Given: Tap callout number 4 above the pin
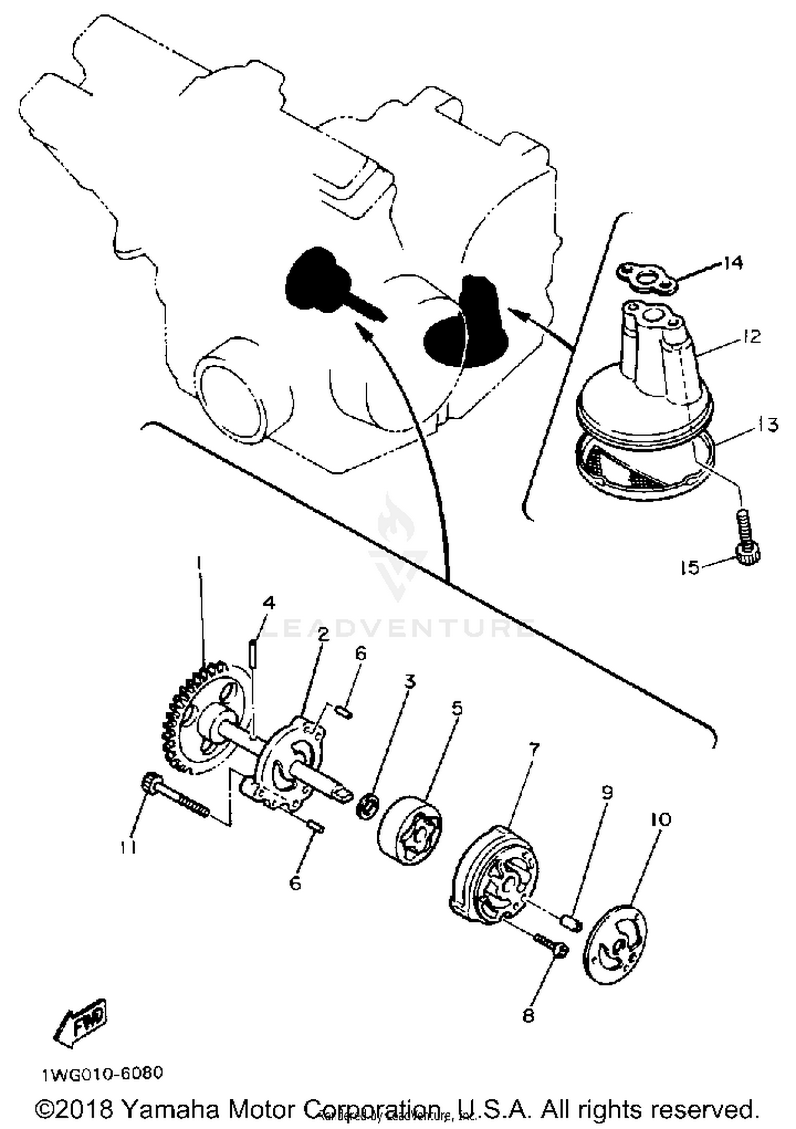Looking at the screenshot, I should tap(269, 603).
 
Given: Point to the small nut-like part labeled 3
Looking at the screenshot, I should tap(367, 806).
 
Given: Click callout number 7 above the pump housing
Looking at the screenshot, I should tap(533, 749).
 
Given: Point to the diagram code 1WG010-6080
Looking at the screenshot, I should tap(103, 1073).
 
